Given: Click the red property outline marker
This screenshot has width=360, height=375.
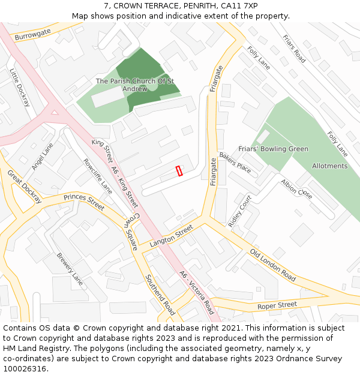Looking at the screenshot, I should point(179,171).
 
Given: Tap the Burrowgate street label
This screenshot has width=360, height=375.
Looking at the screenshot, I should point(33,37).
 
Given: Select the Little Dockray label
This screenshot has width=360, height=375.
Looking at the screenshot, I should point(19,87).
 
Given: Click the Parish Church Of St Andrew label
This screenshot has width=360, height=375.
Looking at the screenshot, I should point(135,85).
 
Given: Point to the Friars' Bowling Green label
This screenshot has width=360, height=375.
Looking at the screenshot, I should point(273,149).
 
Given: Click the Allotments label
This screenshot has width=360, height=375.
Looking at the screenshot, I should point(329,166).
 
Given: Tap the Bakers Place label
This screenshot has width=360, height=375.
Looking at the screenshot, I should point(235,162).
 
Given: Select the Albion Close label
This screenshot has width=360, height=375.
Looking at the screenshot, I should point(296,189).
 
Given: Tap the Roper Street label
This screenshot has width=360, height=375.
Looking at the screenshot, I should point(277,305).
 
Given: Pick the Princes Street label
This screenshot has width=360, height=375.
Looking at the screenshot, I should point(84,201).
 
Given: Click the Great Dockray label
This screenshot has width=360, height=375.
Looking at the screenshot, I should point(24,186).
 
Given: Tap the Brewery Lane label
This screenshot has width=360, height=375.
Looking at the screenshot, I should point(70,268).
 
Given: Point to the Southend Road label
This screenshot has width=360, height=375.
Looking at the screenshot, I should point(160,295).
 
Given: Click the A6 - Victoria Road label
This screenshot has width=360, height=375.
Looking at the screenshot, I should point(196,293).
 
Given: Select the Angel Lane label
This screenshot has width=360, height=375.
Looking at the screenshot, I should point(43,156).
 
